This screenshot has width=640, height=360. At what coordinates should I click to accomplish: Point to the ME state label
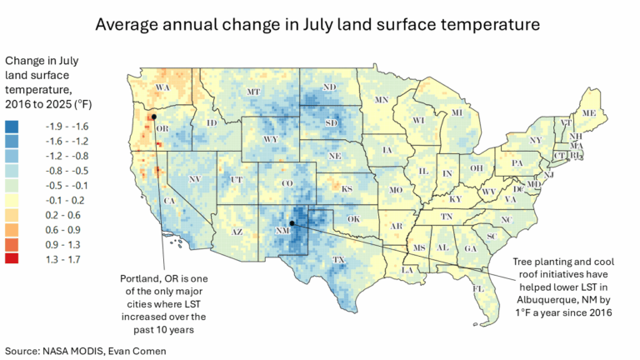(x=589, y=112)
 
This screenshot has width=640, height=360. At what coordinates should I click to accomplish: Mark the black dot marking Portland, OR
(x=154, y=117)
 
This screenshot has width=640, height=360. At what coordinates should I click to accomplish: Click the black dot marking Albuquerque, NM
(x=292, y=222)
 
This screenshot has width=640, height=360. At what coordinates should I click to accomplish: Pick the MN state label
(x=382, y=100)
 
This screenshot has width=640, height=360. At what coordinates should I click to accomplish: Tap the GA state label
(x=471, y=248)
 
